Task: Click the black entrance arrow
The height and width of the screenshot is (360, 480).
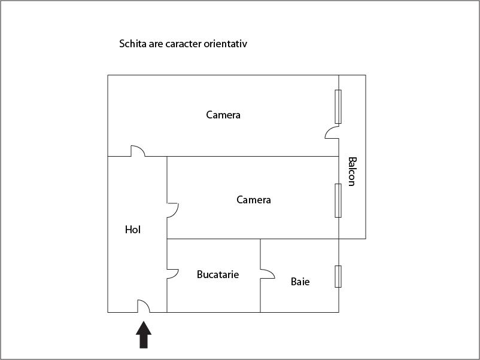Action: pos(144,335)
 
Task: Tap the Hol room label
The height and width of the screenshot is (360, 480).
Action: pos(133,229)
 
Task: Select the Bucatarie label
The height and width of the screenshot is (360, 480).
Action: pos(218,274)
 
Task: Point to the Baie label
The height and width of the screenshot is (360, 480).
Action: pos(300,281)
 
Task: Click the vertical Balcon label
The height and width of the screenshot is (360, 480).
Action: pos(352,172)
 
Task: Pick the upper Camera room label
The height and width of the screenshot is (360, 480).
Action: pos(223,115)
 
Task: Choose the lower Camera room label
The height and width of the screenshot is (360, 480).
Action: pos(254,200)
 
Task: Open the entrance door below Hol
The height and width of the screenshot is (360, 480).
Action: pos(144,306)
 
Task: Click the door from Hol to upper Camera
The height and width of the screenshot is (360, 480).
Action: pos(138,151)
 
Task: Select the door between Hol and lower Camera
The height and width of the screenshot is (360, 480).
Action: pos(172,210)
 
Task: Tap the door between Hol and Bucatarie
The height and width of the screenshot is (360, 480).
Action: pos(172,273)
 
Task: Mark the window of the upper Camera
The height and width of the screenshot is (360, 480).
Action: pos(338,106)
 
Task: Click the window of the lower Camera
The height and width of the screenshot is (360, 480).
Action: pos(338,200)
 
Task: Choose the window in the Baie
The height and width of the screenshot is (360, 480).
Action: pos(338,276)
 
